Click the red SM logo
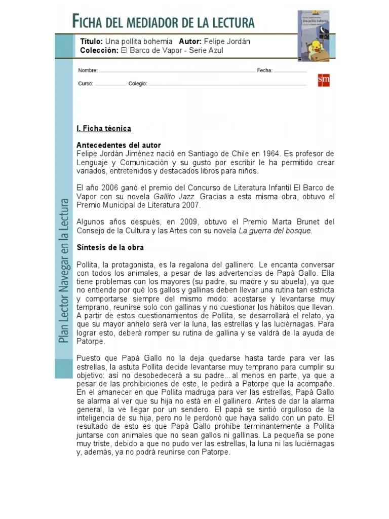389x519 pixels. coord(324,81)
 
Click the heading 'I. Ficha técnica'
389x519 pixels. coord(103,129)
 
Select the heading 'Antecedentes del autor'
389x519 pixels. coord(119,145)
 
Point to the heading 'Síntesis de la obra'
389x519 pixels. coord(110,248)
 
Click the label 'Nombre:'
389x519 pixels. coord(87,70)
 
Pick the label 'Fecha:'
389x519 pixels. coord(264,70)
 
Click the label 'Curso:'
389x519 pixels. coord(85,84)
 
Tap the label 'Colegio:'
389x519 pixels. coord(137,84)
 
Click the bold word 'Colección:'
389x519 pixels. coord(99,50)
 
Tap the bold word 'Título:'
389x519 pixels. coord(91,42)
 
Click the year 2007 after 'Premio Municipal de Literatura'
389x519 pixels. coord(190,205)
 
